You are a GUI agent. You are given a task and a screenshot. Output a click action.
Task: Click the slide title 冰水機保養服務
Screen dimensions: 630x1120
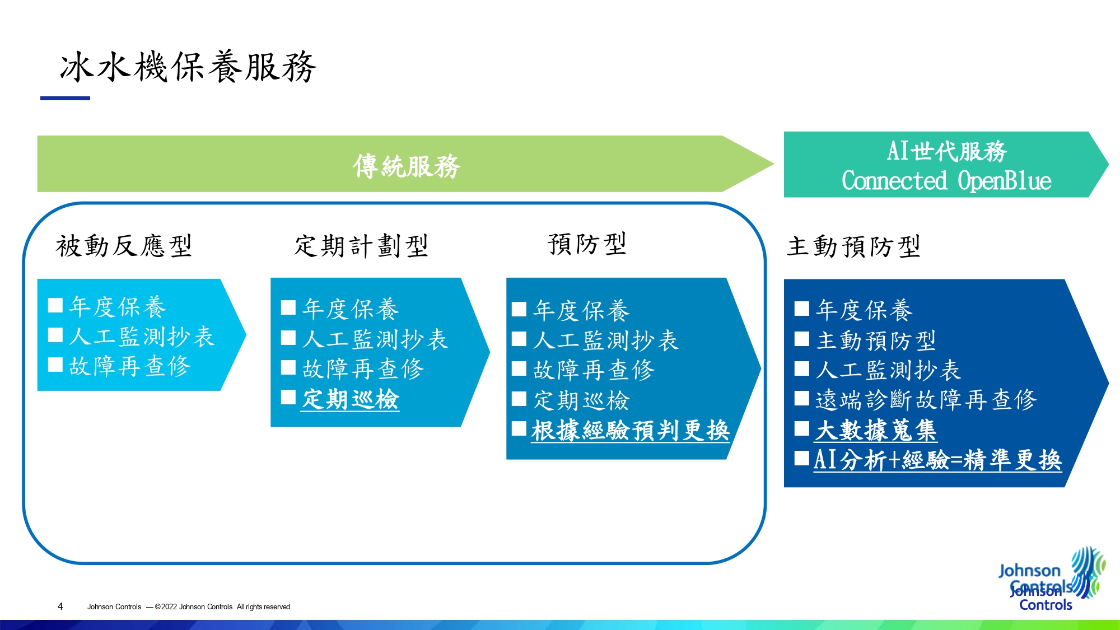[x=188, y=67]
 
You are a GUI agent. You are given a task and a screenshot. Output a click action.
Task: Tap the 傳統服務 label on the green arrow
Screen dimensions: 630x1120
[x=407, y=166]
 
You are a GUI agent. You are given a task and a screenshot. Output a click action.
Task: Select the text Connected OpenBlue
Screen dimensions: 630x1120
[x=946, y=181]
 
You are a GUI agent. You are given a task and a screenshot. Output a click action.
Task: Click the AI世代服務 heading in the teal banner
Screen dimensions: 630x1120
[x=946, y=151]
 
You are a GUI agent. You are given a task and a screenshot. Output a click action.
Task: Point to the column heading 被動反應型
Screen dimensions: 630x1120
[x=124, y=246]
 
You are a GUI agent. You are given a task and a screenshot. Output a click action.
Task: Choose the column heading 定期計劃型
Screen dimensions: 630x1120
[x=361, y=246]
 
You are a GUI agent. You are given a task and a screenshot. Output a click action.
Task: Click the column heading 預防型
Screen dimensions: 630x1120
[x=587, y=244]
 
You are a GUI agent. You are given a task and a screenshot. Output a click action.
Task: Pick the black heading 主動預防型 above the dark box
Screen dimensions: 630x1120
[x=853, y=246]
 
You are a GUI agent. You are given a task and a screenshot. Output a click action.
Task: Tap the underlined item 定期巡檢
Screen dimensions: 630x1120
[x=351, y=400]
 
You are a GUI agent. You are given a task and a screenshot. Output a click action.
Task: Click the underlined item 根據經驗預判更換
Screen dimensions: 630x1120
[x=631, y=431]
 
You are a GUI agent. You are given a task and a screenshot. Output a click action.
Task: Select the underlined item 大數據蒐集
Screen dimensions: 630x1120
[x=876, y=431]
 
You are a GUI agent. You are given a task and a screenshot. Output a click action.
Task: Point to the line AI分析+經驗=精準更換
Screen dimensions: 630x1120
[x=937, y=460]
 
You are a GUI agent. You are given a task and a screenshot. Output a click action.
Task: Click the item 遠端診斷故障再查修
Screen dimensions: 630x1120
[x=926, y=400]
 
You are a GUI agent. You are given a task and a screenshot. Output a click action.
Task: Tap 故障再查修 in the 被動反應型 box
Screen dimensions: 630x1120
[x=130, y=366]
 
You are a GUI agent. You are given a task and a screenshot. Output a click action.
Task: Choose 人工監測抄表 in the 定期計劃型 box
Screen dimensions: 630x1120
[x=375, y=339]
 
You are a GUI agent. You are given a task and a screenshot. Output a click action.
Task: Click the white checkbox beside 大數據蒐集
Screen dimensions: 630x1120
[x=802, y=429]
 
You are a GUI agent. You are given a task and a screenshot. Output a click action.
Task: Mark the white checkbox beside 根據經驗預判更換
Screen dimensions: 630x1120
[x=519, y=429]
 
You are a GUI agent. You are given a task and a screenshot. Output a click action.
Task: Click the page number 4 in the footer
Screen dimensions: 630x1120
[x=60, y=606]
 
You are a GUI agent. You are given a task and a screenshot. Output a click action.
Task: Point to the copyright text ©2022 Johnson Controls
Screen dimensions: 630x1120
[x=223, y=606]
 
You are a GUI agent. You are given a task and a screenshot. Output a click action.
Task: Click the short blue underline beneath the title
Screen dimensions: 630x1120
[x=65, y=98]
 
